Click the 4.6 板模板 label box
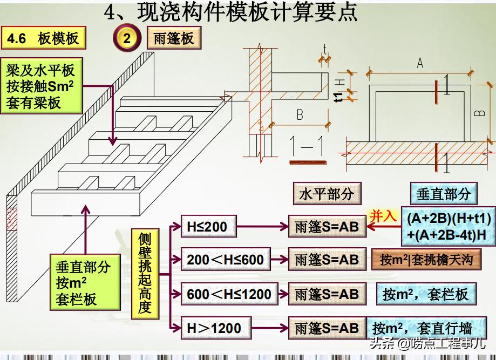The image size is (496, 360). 43,39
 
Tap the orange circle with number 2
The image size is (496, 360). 126,39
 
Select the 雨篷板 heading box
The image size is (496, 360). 174,39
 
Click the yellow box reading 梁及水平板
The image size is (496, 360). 40,86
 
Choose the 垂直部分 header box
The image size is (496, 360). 444,195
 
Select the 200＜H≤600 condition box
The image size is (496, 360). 225,260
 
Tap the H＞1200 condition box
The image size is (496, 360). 214,327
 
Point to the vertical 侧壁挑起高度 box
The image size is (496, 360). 145,274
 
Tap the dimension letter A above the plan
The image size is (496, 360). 419,64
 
